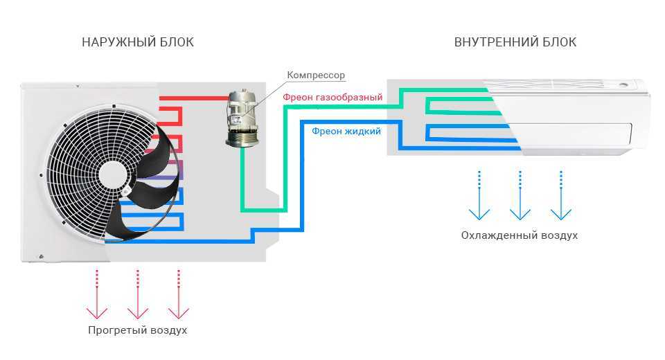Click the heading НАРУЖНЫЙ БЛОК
point(138,42)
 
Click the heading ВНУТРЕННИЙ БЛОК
point(515,42)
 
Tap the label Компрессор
point(316,75)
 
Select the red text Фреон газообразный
point(333,97)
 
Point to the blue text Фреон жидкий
point(346,131)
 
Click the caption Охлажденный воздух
point(520,235)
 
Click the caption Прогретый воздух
point(137,330)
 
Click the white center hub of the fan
point(113,174)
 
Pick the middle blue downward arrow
point(520,195)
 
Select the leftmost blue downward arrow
point(479,195)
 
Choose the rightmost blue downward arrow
point(561,195)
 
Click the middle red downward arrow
point(138,294)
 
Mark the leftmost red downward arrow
point(97,294)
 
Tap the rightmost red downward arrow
point(179,294)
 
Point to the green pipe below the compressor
point(242,178)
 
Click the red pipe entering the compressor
point(194,98)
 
